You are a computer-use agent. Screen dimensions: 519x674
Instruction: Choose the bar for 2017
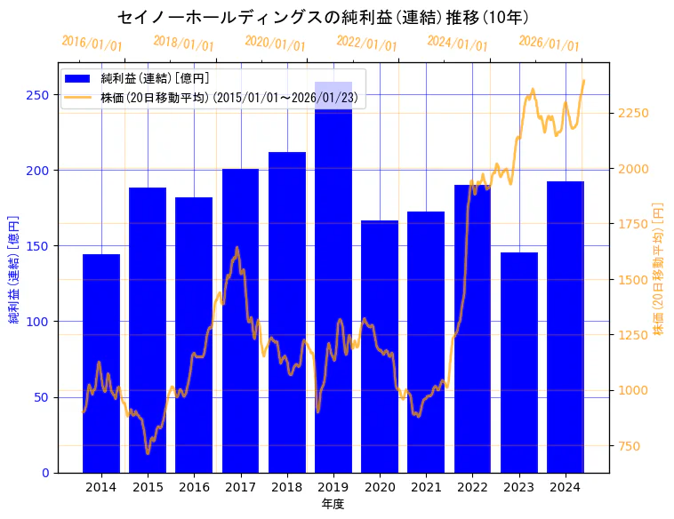pos(240,320)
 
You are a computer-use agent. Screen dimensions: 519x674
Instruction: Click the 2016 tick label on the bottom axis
pos(194,487)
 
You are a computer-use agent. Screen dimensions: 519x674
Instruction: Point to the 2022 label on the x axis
pos(472,487)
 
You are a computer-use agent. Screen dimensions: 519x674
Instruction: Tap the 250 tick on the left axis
pos(38,94)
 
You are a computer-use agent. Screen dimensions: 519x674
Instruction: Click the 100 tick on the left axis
pos(38,321)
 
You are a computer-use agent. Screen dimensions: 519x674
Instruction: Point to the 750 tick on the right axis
pos(625,445)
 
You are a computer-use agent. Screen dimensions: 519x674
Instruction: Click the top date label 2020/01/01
pos(275,44)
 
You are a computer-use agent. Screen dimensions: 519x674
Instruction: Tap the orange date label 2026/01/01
pos(549,44)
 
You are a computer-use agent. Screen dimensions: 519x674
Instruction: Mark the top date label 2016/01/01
pos(92,44)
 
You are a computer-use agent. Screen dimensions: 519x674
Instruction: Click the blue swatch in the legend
pos(77,79)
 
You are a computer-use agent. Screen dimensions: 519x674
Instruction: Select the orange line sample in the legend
pos(77,97)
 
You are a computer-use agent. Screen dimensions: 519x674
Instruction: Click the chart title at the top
pos(324,18)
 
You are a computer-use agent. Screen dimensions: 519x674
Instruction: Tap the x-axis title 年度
pos(333,504)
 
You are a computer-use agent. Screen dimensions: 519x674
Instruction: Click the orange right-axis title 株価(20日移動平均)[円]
pos(658,267)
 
